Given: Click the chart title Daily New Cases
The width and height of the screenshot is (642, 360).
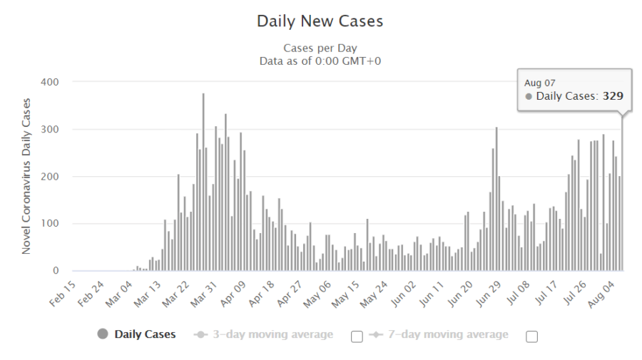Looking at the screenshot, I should (320, 22).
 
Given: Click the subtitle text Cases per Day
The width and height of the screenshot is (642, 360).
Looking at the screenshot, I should (320, 49).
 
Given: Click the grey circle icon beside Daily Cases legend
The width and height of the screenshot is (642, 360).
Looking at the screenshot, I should (103, 335).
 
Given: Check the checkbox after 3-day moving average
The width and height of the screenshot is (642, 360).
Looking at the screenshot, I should (357, 336).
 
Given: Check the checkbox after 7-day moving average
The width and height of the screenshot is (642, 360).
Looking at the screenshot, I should (531, 336).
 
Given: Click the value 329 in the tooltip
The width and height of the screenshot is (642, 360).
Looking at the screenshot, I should (613, 96).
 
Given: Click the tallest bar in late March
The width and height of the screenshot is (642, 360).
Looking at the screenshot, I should (203, 182).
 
